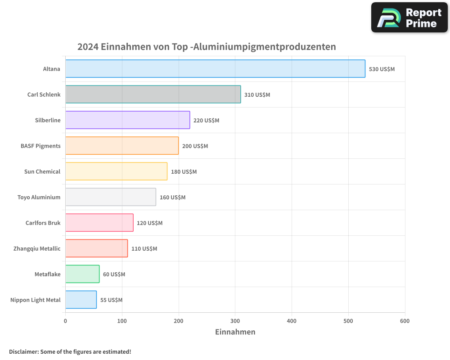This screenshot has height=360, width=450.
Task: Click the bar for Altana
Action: (x=215, y=69)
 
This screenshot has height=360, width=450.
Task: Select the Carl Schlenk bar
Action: (x=153, y=94)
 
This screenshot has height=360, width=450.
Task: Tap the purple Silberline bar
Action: (x=127, y=120)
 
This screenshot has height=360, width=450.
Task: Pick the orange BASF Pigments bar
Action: (x=122, y=146)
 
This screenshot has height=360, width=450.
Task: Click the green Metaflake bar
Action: (x=82, y=274)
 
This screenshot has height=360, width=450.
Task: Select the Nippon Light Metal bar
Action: (x=81, y=300)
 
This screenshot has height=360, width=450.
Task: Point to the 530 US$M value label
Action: (x=382, y=69)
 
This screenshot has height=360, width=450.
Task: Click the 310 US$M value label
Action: (x=257, y=95)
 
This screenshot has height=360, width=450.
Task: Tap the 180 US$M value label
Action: (x=184, y=172)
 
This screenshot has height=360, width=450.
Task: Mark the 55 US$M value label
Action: (x=111, y=300)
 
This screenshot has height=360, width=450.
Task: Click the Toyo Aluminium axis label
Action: (x=39, y=197)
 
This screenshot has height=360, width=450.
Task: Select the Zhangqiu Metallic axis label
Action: (x=37, y=248)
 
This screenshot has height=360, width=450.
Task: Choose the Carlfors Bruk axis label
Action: (x=43, y=223)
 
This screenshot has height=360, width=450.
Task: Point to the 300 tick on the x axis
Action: (x=235, y=321)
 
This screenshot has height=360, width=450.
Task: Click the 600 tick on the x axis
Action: (x=405, y=321)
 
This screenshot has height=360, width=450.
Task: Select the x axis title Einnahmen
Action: (x=235, y=332)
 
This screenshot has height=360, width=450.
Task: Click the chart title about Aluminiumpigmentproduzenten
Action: (x=207, y=47)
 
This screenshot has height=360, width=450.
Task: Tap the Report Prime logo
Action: (x=409, y=18)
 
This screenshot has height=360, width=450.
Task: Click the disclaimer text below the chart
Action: (x=70, y=351)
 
